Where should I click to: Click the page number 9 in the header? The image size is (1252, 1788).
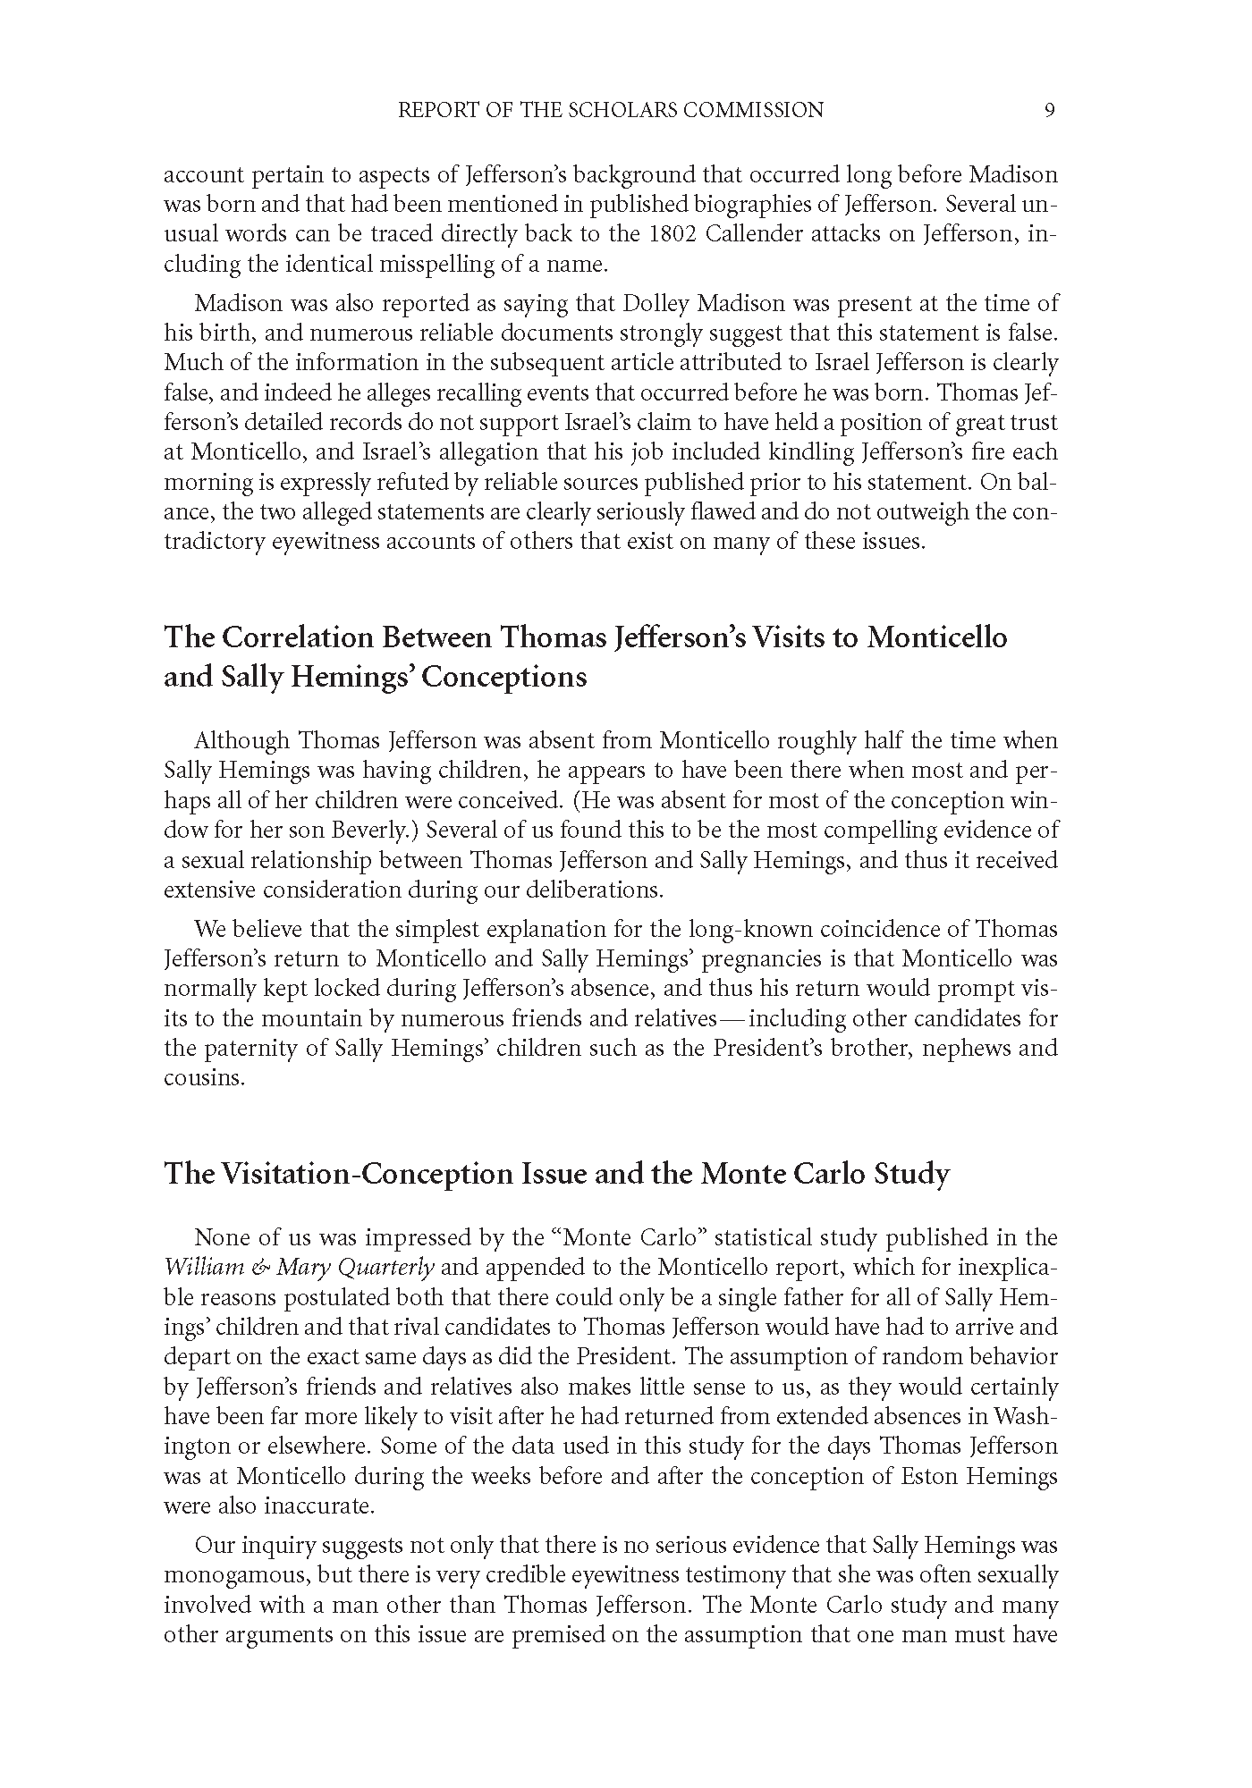1050,110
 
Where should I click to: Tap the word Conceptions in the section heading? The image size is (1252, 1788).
504,677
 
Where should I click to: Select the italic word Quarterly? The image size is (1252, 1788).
390,1268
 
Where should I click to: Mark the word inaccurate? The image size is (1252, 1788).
317,1505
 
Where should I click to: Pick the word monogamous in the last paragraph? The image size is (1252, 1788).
232,1575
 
